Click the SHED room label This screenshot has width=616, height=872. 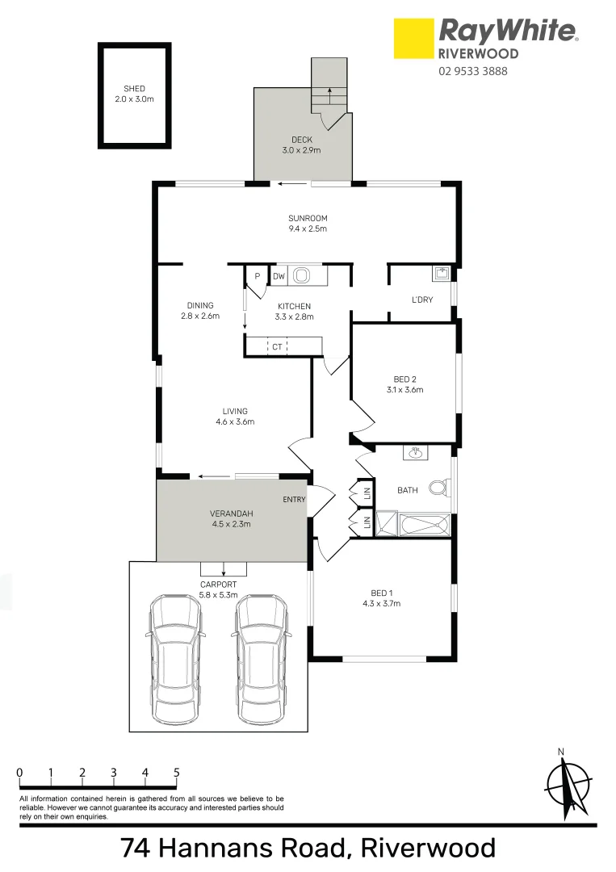[x=135, y=89]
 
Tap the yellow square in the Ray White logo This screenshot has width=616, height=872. [x=413, y=39]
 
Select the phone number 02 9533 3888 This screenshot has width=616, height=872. [x=473, y=71]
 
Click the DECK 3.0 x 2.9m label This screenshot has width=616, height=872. [x=302, y=145]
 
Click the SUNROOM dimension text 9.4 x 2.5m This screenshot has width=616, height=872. [x=308, y=229]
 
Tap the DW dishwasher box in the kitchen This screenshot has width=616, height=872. [x=279, y=277]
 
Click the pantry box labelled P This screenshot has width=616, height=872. [x=257, y=277]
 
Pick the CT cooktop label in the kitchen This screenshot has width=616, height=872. [x=277, y=347]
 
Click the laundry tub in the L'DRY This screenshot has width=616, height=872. [x=441, y=274]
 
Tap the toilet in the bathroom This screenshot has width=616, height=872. [x=438, y=488]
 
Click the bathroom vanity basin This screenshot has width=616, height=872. [x=417, y=453]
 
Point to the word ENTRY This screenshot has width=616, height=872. [x=294, y=500]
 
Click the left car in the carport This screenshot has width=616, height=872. [x=174, y=649]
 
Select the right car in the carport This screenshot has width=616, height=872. [x=261, y=649]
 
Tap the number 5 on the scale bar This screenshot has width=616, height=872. [x=176, y=773]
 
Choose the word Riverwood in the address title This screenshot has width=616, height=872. [x=428, y=849]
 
